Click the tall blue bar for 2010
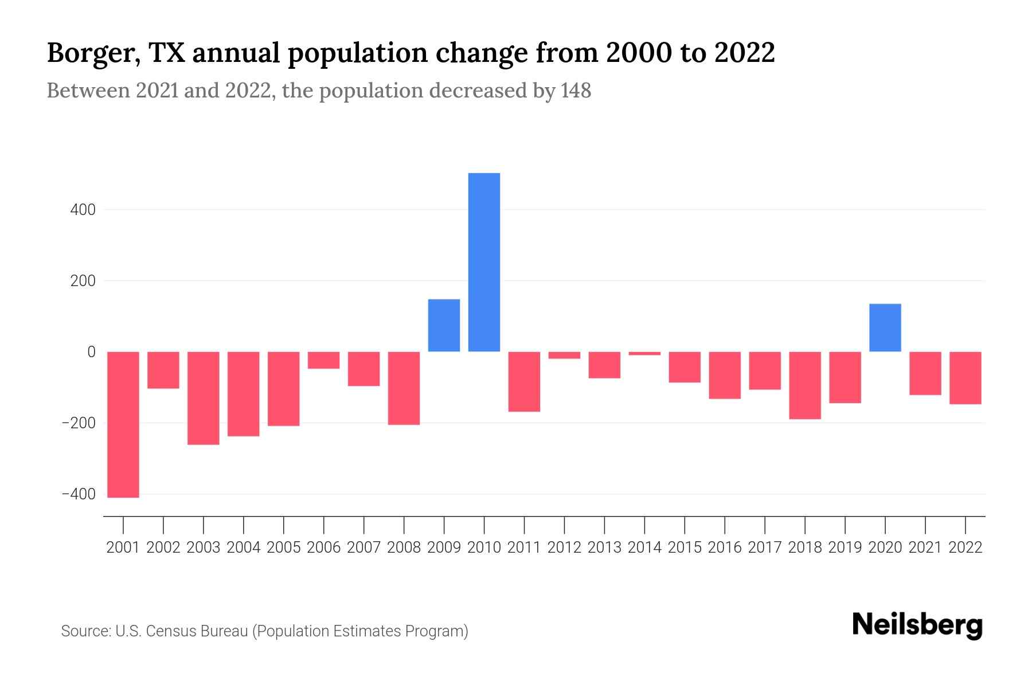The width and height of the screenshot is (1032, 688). (484, 262)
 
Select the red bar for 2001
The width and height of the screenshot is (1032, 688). (123, 424)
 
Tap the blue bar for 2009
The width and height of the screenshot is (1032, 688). (444, 325)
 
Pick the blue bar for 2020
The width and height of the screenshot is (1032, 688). (885, 327)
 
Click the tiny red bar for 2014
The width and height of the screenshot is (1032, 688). (644, 353)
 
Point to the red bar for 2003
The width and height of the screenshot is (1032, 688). (204, 398)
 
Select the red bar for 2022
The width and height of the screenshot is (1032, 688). (965, 378)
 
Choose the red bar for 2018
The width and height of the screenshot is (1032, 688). (804, 385)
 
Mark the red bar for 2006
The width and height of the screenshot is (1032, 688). (324, 360)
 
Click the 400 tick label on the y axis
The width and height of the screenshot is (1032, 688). (83, 210)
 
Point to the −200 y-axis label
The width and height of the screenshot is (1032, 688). (79, 423)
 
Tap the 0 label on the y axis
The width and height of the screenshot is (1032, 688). (91, 352)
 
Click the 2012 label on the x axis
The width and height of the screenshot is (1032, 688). (564, 548)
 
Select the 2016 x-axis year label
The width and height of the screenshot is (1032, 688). (725, 548)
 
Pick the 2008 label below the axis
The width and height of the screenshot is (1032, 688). (404, 548)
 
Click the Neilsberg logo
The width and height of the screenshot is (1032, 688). (917, 625)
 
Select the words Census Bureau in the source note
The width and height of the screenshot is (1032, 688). (198, 631)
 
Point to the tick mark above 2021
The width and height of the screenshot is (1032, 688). (925, 524)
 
